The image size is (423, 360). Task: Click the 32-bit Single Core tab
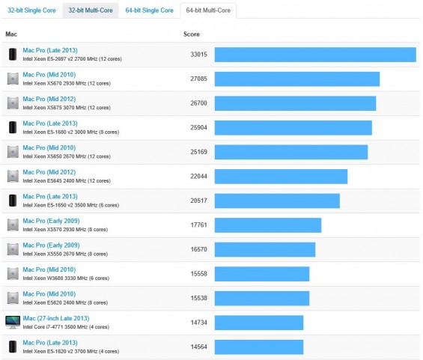pos(32,10)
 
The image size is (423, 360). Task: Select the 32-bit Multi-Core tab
pos(92,10)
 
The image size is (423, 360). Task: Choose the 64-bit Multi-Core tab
pos(209,10)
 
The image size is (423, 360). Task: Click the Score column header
pos(191,34)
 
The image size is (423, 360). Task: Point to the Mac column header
pos(11,34)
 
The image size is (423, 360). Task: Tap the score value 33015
pos(198,55)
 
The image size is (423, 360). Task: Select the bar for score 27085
pos(297,79)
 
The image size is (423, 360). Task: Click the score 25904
pos(198,127)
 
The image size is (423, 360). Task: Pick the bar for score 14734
pos(259,322)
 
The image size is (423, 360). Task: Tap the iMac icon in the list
pos(13,322)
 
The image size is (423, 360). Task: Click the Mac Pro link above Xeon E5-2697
pos(50,50)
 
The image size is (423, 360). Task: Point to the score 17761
pos(198,225)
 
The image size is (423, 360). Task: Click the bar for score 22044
pos(281,176)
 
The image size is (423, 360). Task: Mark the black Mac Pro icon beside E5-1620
pos(13,347)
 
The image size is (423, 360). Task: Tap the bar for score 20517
pos(277,201)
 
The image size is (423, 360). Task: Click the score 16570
pos(198,249)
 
